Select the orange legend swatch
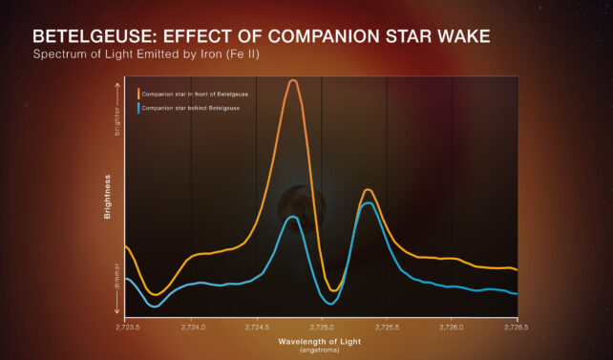point(138,94)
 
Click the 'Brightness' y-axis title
point(108,198)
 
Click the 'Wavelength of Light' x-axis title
point(321,340)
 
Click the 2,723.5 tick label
point(127,327)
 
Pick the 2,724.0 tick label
point(191,327)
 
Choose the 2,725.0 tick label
point(322,327)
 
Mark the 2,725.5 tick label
point(387,327)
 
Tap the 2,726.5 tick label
point(516,327)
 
